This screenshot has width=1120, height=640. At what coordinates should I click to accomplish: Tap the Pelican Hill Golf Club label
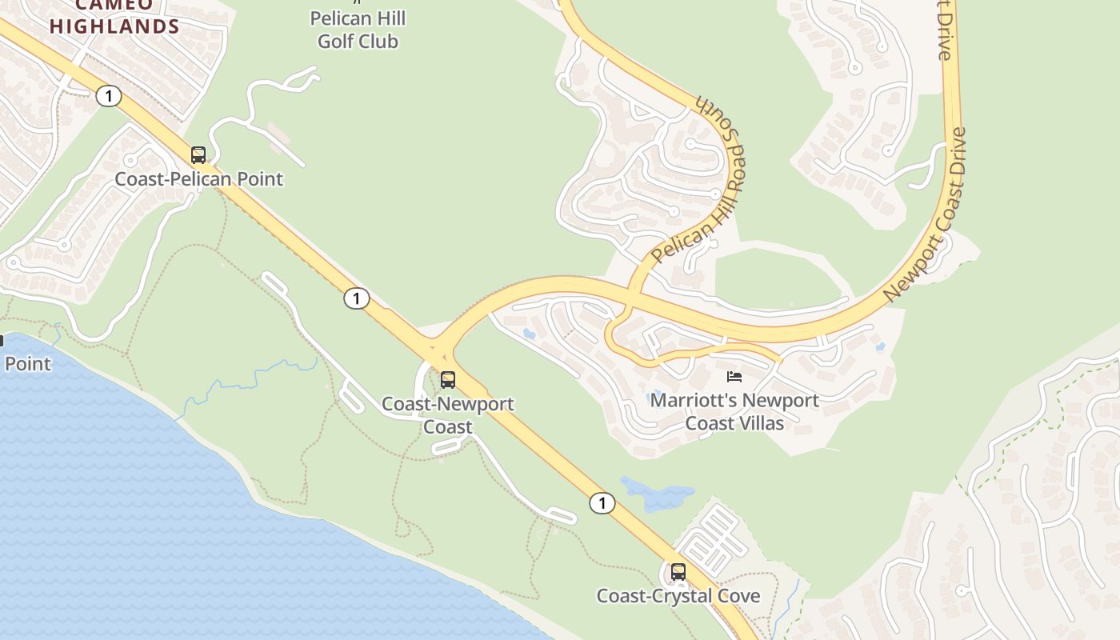pos(358,30)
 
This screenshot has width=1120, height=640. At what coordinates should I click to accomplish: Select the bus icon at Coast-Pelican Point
pos(198,155)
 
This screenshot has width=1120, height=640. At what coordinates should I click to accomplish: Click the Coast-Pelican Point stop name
pos(198,178)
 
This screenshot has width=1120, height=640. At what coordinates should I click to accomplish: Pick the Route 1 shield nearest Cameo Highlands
pos(108,97)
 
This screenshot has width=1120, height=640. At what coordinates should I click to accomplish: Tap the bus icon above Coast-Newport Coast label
pos(448,380)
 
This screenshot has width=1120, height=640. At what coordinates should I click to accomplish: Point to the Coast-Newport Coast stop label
pos(447,414)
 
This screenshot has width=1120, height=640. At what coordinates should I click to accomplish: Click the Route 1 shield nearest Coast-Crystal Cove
pos(602,503)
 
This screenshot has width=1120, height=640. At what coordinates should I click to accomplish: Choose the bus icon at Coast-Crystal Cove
pos(678,572)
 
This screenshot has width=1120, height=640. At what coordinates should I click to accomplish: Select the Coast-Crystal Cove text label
pos(678,596)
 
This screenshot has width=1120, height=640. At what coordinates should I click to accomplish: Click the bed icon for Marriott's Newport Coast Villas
pos(734,376)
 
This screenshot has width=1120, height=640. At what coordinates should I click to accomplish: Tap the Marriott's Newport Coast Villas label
pos(734,411)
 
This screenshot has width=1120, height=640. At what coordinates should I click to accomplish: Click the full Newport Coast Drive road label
pos(926,214)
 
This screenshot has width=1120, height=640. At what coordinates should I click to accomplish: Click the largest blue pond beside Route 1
pos(656,494)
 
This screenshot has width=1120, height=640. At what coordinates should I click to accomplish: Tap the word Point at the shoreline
pos(27,363)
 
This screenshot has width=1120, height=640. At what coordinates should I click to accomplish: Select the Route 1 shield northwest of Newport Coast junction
pos(356,299)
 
